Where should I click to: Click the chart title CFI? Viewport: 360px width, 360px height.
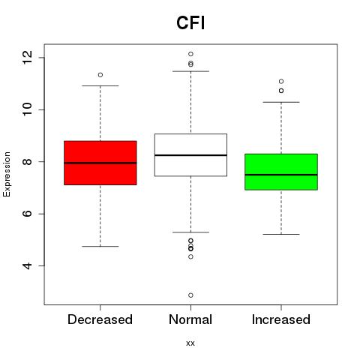coord(190,22)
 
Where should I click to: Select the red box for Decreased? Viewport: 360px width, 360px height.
coord(100,163)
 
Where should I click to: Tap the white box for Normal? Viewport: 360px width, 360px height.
coord(190,154)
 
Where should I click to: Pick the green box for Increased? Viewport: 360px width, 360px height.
coord(281,172)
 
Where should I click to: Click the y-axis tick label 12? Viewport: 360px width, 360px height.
coord(27,58)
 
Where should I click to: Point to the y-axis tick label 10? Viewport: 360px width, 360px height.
coord(27,109)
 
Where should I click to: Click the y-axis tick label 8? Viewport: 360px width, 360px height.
coord(27,162)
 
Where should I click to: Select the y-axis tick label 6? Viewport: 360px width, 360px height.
coord(27,214)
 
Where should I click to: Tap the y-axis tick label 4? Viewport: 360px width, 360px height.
coord(27,265)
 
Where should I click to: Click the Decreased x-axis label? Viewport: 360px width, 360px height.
coord(100,319)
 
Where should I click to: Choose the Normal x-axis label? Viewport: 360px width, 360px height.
coord(190,319)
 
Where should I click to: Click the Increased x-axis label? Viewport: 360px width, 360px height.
coord(281,319)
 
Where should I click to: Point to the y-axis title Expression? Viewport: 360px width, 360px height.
coord(7,174)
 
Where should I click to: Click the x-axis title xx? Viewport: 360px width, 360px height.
coord(190,343)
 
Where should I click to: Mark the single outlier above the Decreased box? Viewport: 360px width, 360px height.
coord(100,75)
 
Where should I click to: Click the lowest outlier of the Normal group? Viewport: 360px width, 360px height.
coord(190,295)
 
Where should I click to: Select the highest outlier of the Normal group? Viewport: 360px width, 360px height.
coord(190,54)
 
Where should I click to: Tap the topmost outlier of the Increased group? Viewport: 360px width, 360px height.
coord(281,81)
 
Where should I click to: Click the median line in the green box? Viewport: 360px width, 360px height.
coord(281,175)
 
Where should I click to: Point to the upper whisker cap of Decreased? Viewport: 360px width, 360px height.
coord(100,85)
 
